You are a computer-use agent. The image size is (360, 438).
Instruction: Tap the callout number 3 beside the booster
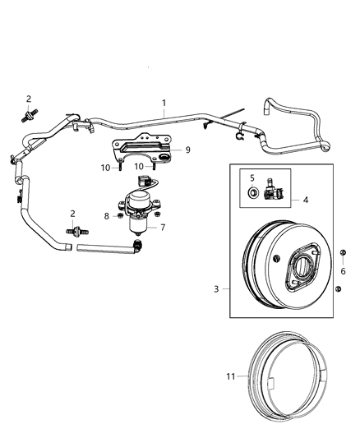[215, 288]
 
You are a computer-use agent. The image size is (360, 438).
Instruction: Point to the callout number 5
[253, 177]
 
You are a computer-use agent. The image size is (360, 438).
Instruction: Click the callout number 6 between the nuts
[342, 271]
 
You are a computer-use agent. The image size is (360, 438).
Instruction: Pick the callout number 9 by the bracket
[187, 150]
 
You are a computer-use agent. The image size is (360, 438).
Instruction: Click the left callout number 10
[104, 168]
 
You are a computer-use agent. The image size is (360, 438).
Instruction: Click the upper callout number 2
[28, 99]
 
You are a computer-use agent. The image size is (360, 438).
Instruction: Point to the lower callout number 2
[72, 214]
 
